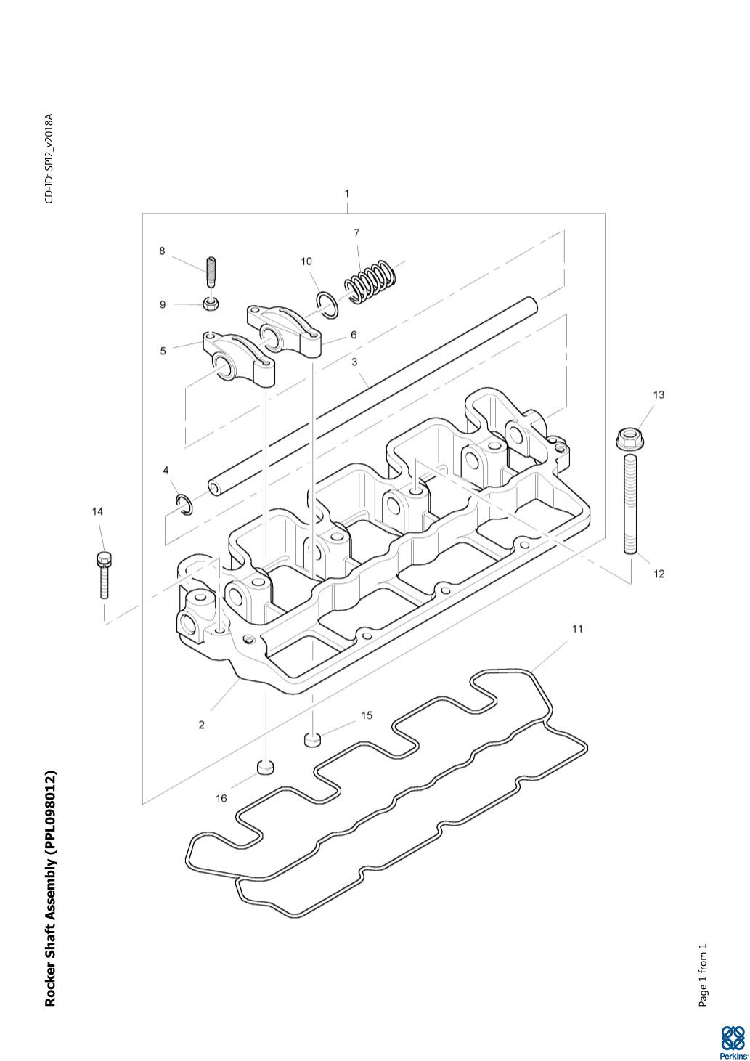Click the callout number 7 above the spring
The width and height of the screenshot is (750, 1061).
click(356, 232)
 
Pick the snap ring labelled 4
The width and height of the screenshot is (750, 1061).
click(185, 503)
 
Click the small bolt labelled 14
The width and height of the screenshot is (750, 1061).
click(104, 574)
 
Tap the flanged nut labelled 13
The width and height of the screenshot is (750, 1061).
click(629, 438)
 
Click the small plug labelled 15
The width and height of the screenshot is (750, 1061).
click(312, 739)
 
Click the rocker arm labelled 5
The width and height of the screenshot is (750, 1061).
click(239, 357)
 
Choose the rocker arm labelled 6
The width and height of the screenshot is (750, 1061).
click(284, 330)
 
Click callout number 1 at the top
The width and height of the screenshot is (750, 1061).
click(347, 193)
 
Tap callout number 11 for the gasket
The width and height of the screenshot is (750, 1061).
click(577, 629)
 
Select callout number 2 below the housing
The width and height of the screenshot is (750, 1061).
click(202, 725)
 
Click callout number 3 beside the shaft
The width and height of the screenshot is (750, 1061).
click(354, 362)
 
